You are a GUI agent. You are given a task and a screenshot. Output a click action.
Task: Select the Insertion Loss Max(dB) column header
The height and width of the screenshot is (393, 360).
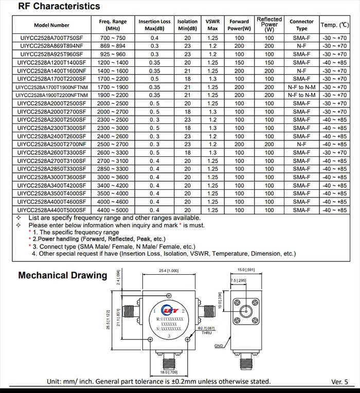[154, 25]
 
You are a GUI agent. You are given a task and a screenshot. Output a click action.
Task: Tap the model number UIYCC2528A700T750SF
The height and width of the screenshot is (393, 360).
[52, 38]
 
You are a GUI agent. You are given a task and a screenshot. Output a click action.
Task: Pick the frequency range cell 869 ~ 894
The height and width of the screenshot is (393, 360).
[113, 46]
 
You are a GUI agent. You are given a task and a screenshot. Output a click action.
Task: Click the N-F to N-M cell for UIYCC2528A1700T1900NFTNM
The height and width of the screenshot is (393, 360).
[301, 87]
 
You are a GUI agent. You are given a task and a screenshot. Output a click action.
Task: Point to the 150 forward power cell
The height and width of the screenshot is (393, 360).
[239, 62]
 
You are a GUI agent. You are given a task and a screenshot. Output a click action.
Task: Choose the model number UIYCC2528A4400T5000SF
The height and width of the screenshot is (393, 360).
[52, 210]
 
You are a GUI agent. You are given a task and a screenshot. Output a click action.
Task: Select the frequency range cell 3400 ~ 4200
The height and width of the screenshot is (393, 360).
[113, 185]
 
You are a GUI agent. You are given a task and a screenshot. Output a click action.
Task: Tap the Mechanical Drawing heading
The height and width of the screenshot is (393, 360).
[62, 275]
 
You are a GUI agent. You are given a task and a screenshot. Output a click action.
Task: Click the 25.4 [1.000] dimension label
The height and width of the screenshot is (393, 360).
[165, 271]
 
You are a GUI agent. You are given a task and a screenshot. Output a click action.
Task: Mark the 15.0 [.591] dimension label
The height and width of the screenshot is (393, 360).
[246, 270]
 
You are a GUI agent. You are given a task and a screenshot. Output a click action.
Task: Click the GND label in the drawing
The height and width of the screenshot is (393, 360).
[219, 346]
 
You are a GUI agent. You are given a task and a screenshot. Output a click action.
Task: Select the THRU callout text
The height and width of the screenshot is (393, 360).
[207, 333]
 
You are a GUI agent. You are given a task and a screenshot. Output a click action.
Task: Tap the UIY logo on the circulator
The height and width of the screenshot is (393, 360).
[168, 310]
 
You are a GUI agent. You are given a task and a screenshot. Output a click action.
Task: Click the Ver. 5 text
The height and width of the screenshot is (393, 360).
[339, 382]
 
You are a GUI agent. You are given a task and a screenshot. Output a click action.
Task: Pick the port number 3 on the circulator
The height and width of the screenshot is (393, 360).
[168, 336]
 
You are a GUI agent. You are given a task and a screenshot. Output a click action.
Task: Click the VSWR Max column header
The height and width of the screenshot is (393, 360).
[212, 25]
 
